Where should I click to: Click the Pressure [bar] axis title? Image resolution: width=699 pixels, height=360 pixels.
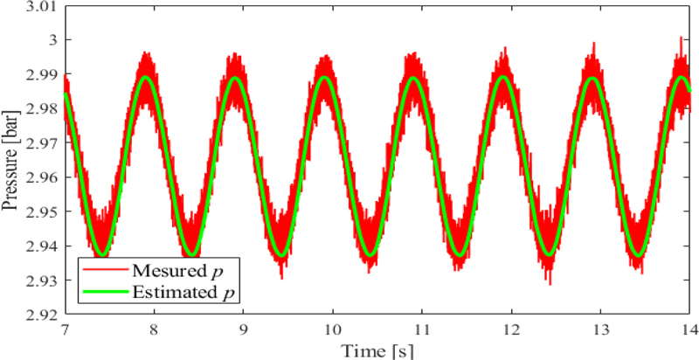[x=11, y=163]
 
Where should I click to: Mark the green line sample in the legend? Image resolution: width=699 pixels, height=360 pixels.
[x=103, y=289]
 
